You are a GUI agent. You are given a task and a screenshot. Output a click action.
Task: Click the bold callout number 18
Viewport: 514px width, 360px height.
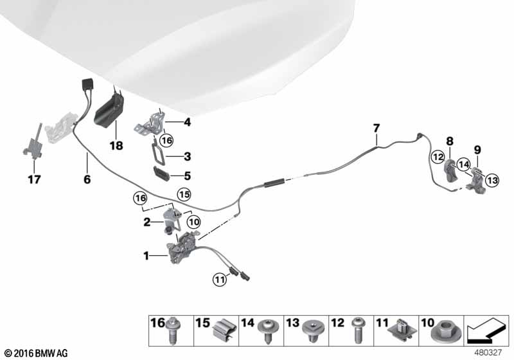(116, 145)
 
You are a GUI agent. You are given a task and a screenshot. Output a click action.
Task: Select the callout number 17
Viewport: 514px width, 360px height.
(35, 179)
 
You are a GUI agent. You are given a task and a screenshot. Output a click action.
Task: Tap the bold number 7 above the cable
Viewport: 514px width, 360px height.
(377, 128)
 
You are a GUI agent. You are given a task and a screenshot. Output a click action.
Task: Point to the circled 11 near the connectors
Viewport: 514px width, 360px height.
(219, 280)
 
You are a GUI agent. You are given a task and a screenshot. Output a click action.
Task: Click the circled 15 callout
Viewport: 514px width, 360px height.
(184, 194)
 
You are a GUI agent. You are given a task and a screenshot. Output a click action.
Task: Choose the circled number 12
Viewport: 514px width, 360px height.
(438, 157)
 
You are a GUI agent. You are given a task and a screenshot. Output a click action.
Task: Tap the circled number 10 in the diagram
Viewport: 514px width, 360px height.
(194, 222)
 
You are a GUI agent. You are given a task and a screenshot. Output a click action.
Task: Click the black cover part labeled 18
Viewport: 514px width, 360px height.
(109, 109)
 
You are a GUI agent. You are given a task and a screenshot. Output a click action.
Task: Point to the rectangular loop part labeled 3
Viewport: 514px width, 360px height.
(158, 154)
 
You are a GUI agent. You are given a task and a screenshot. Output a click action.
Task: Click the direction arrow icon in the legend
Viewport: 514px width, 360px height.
(486, 331)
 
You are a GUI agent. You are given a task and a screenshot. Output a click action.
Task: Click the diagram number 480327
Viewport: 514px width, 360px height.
(488, 352)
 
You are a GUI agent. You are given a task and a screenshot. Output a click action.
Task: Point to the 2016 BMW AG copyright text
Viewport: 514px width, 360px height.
(37, 353)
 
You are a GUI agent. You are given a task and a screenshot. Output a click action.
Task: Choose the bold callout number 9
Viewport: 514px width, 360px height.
(477, 150)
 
